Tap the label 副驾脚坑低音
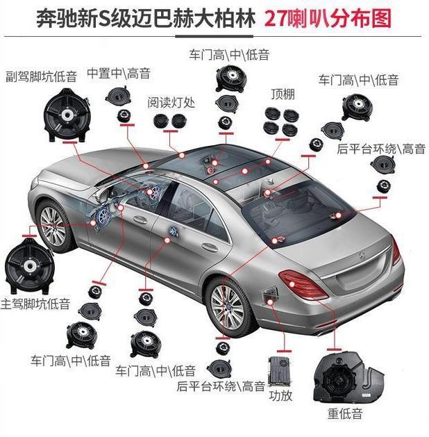click(x=42, y=74)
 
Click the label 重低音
click(x=345, y=414)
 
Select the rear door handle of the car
click(x=208, y=247)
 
